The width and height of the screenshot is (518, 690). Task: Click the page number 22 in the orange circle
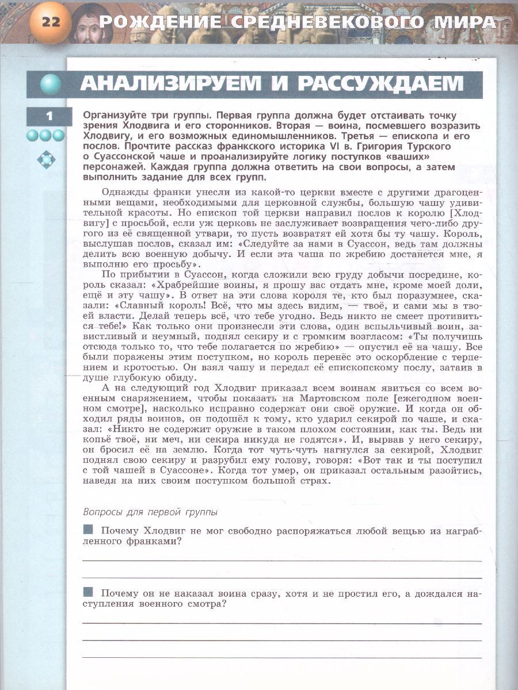[x=51, y=23]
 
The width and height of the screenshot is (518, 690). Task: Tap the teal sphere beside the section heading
[x=51, y=85]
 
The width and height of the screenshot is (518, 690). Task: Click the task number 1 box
[x=49, y=116]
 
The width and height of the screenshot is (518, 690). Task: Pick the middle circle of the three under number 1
[x=45, y=136]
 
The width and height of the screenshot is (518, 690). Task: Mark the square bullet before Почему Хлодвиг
[x=89, y=529]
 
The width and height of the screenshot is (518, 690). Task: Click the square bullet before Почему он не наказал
[x=89, y=592]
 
